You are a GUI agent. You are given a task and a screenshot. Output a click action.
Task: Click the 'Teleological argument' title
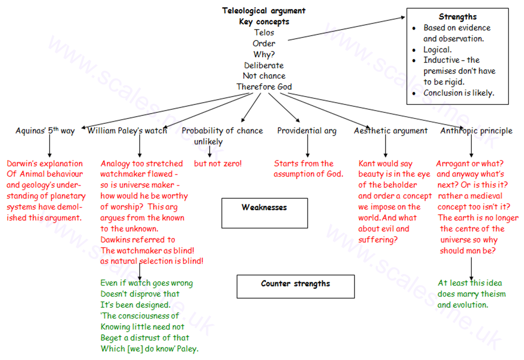pos(264,11)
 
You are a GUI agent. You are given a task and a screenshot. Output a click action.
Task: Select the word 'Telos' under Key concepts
pos(264,32)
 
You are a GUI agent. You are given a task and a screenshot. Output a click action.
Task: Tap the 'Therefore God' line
pos(264,87)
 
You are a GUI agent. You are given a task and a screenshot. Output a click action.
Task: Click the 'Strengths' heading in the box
pos(457,17)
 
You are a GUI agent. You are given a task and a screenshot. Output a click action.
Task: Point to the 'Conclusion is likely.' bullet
pos(458,93)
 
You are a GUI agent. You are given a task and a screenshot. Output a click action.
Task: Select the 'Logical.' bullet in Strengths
pos(437,49)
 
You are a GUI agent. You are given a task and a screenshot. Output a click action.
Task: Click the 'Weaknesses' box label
pos(264,207)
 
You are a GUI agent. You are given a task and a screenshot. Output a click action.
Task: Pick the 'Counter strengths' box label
pos(295,283)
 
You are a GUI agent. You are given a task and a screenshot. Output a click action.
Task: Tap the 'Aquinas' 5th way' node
pos(45,131)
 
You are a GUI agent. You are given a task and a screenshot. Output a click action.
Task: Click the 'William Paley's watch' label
pos(127,131)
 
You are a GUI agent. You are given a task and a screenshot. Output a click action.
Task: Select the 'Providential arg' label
pos(307,131)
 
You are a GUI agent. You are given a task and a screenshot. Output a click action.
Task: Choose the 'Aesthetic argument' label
pos(390,131)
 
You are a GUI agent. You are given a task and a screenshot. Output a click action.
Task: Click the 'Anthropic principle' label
pos(476,131)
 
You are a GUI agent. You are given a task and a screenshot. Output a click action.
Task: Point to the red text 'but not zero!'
pos(218,164)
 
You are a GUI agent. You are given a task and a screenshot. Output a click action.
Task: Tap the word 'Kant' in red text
pos(367,164)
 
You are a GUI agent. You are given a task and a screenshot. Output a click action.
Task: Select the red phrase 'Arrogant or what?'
pos(470,164)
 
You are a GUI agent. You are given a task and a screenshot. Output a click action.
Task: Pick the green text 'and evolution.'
pos(463,305)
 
